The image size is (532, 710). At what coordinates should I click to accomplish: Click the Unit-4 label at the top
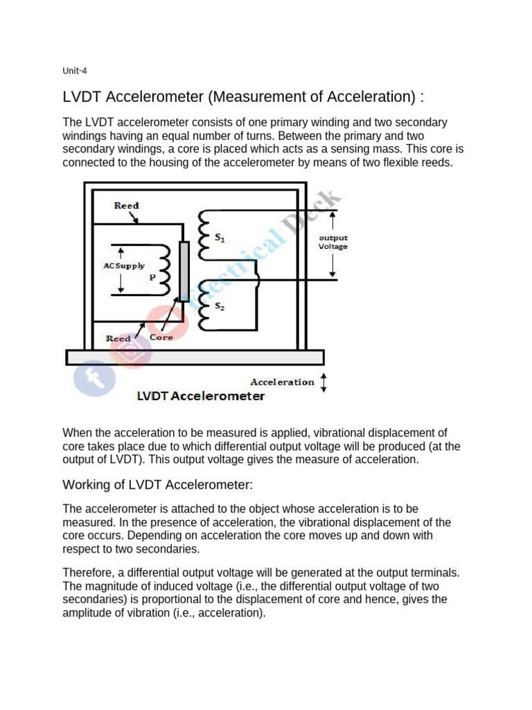point(74,70)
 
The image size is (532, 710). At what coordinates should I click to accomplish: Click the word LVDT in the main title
point(85,96)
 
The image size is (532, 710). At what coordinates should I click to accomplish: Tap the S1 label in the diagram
point(220,238)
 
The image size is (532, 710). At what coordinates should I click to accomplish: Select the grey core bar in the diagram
point(184,271)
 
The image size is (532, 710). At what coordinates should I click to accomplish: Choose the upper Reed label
point(126,205)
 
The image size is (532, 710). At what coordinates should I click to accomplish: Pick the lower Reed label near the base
point(118,338)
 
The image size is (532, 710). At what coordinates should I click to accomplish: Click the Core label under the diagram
point(161,338)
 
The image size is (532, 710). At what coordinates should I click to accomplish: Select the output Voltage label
point(333,241)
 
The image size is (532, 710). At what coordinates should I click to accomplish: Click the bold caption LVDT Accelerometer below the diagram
point(201,397)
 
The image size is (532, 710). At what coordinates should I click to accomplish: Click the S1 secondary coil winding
point(203,233)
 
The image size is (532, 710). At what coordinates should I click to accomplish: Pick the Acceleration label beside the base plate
point(282,382)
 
